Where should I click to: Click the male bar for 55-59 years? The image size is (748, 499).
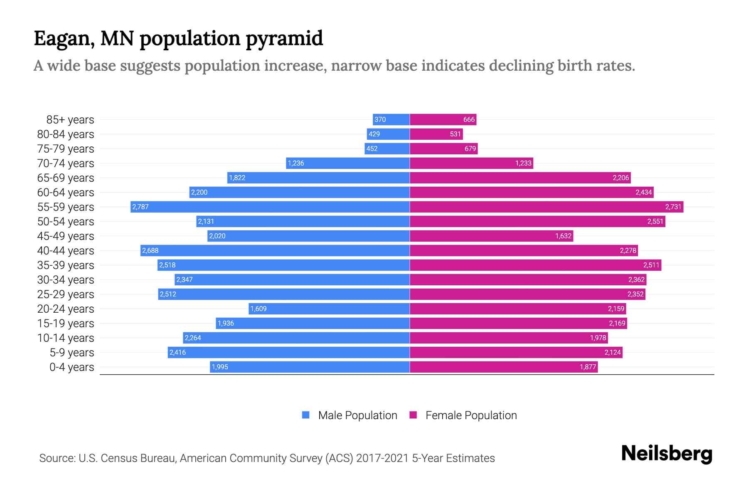(270, 207)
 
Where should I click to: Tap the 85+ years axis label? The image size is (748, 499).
(70, 120)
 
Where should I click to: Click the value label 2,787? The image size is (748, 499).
(140, 207)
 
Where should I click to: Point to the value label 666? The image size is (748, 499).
(469, 120)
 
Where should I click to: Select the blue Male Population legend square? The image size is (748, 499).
(306, 415)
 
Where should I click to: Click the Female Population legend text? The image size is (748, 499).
(471, 415)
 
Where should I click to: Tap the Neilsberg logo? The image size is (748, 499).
(667, 454)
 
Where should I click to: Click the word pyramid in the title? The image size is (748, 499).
(284, 39)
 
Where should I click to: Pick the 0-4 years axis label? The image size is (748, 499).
(71, 367)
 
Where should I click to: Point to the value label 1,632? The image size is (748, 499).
(563, 236)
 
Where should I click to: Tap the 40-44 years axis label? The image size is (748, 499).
(66, 251)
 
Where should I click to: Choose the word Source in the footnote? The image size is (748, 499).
(57, 458)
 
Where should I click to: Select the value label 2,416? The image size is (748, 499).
(177, 352)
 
